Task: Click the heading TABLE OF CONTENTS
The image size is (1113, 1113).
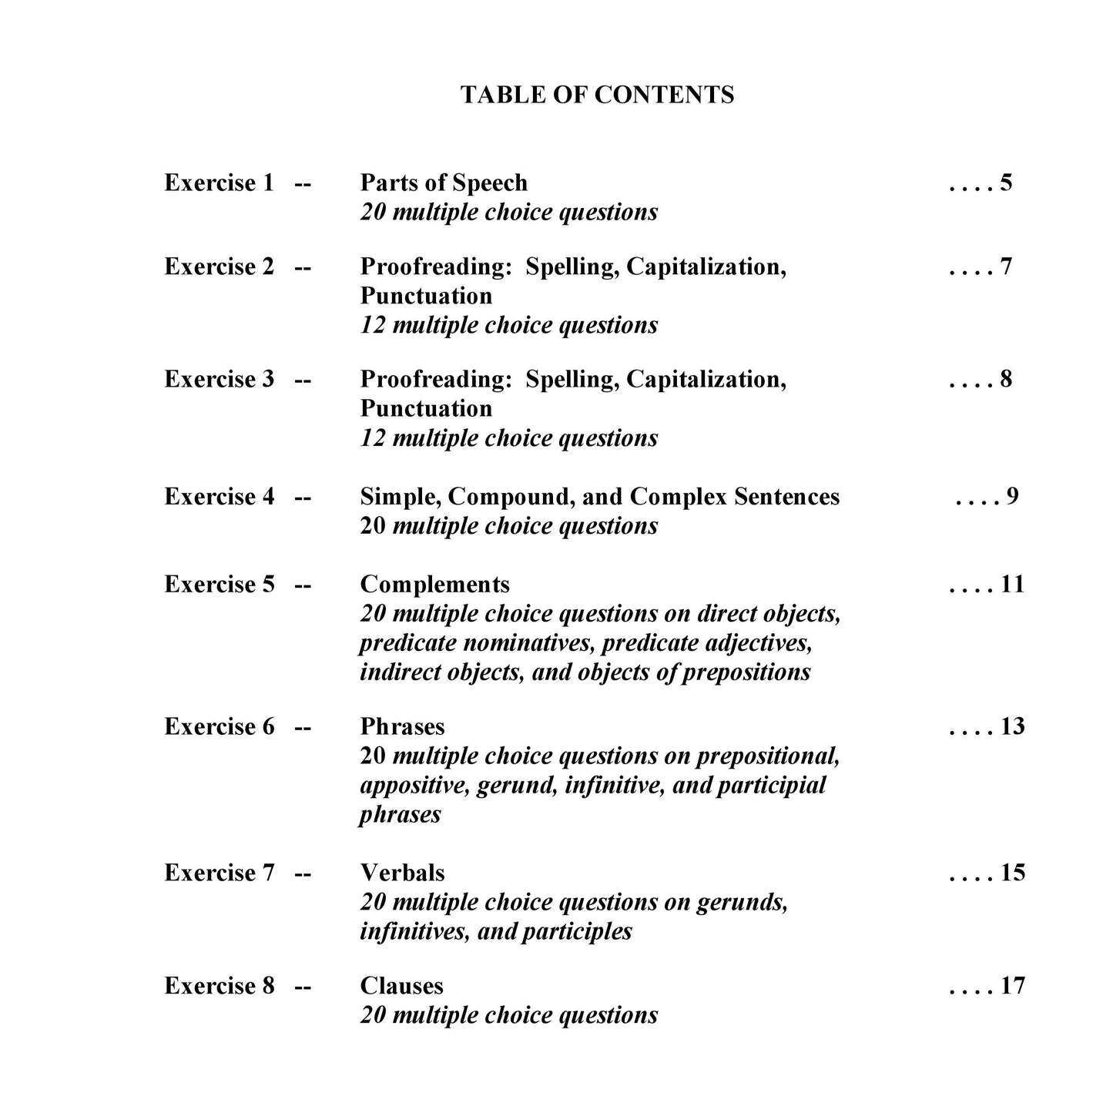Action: (597, 95)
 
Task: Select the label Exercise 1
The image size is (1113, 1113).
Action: (219, 183)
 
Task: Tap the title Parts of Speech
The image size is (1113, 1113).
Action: (444, 183)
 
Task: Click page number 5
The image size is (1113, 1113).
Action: (1006, 183)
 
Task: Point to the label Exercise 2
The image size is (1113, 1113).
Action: (219, 267)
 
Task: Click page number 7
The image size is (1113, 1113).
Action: (1006, 267)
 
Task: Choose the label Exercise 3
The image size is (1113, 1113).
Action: (219, 379)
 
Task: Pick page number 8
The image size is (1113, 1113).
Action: (1006, 379)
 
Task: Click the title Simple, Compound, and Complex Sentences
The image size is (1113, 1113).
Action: (599, 497)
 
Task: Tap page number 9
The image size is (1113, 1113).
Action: (1012, 497)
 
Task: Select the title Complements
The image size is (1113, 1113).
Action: (434, 585)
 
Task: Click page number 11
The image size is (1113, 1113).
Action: (1012, 585)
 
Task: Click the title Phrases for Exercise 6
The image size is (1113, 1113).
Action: (402, 727)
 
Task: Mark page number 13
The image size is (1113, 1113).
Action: (1012, 727)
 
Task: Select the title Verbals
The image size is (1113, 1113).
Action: (402, 873)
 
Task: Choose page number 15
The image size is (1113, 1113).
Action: (1012, 873)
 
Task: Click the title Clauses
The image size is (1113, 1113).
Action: (401, 986)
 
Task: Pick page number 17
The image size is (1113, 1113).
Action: (1012, 986)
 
